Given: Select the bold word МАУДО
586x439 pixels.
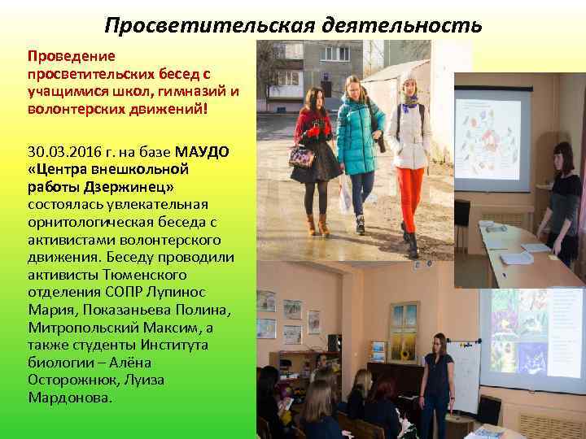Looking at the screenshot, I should click(203, 153).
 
